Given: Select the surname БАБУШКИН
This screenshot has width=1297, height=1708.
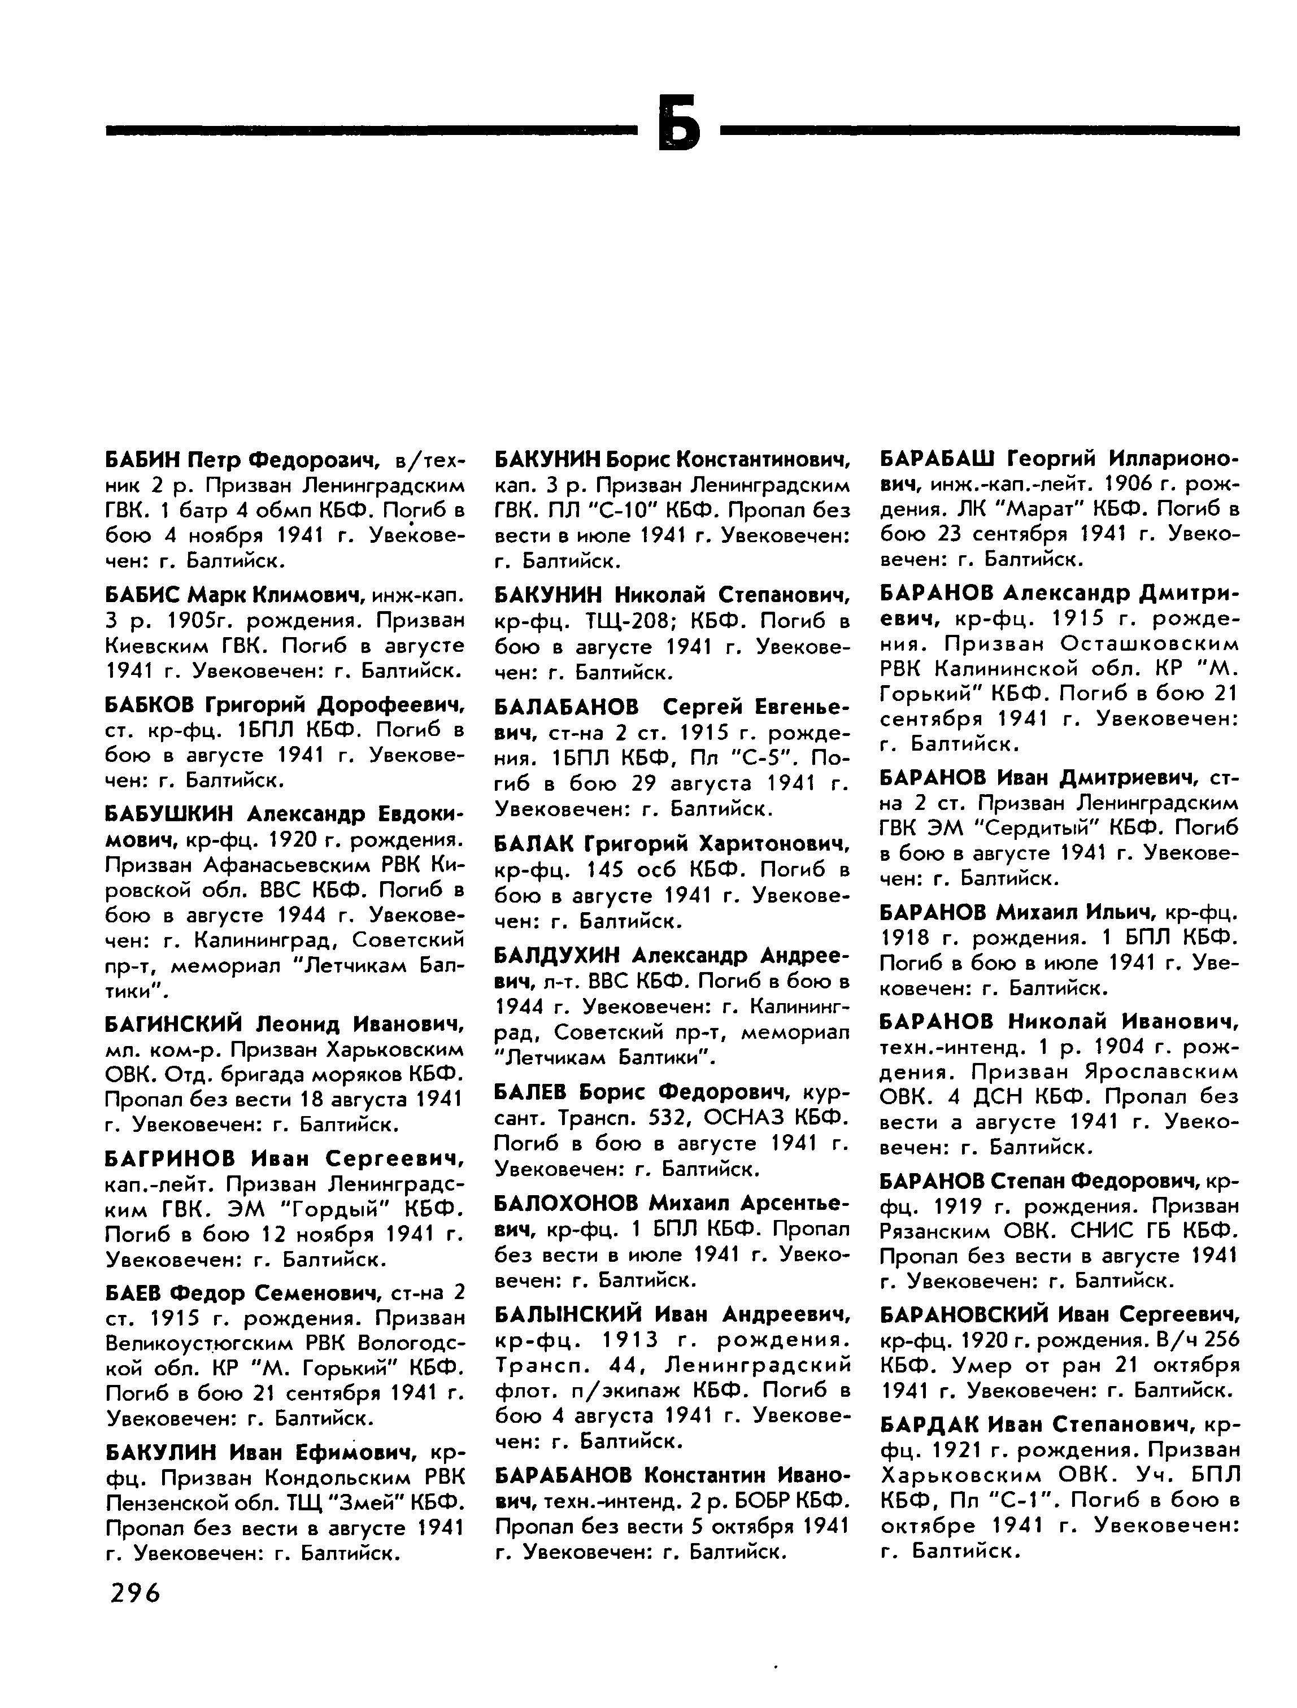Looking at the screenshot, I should click(168, 814).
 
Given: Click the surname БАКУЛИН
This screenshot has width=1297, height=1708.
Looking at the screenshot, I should click(159, 1452).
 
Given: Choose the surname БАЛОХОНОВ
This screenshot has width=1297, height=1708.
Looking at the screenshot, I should click(566, 1202).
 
